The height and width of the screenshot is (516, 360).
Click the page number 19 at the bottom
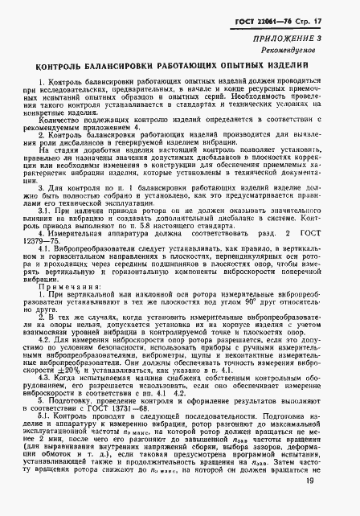pos(337,502)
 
